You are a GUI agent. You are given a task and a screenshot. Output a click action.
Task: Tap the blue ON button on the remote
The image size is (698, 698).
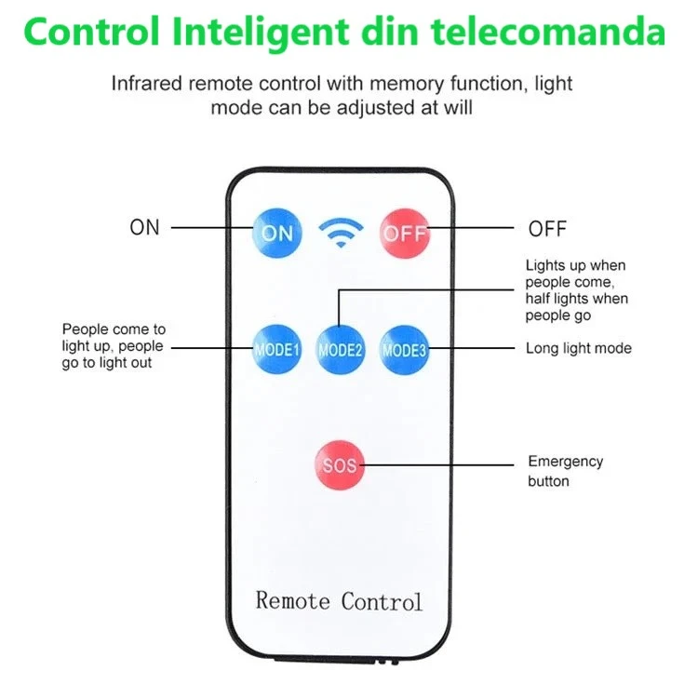(x=276, y=233)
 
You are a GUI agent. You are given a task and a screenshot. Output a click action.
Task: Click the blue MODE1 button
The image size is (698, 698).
(x=276, y=350)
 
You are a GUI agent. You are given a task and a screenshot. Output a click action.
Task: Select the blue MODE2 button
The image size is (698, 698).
(x=340, y=350)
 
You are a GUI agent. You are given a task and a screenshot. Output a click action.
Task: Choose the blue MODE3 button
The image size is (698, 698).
(x=404, y=350)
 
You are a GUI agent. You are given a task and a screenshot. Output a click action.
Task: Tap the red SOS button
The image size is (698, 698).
(x=340, y=463)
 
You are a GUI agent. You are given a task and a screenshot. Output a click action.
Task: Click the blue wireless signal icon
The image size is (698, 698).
(x=340, y=232)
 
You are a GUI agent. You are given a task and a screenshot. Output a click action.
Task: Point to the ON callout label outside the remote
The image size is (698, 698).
(x=144, y=227)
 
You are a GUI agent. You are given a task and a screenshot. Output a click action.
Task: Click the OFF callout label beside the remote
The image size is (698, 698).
(x=547, y=229)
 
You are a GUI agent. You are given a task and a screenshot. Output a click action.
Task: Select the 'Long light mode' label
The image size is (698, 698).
(x=578, y=349)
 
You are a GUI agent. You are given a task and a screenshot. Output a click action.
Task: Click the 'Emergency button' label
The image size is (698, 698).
(x=565, y=471)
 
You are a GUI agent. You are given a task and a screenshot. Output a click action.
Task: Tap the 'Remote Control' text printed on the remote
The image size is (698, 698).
(x=339, y=600)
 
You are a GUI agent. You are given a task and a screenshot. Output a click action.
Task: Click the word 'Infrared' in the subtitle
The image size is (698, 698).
(x=146, y=84)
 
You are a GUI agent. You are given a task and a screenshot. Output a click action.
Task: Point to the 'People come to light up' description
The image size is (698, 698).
(x=114, y=345)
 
